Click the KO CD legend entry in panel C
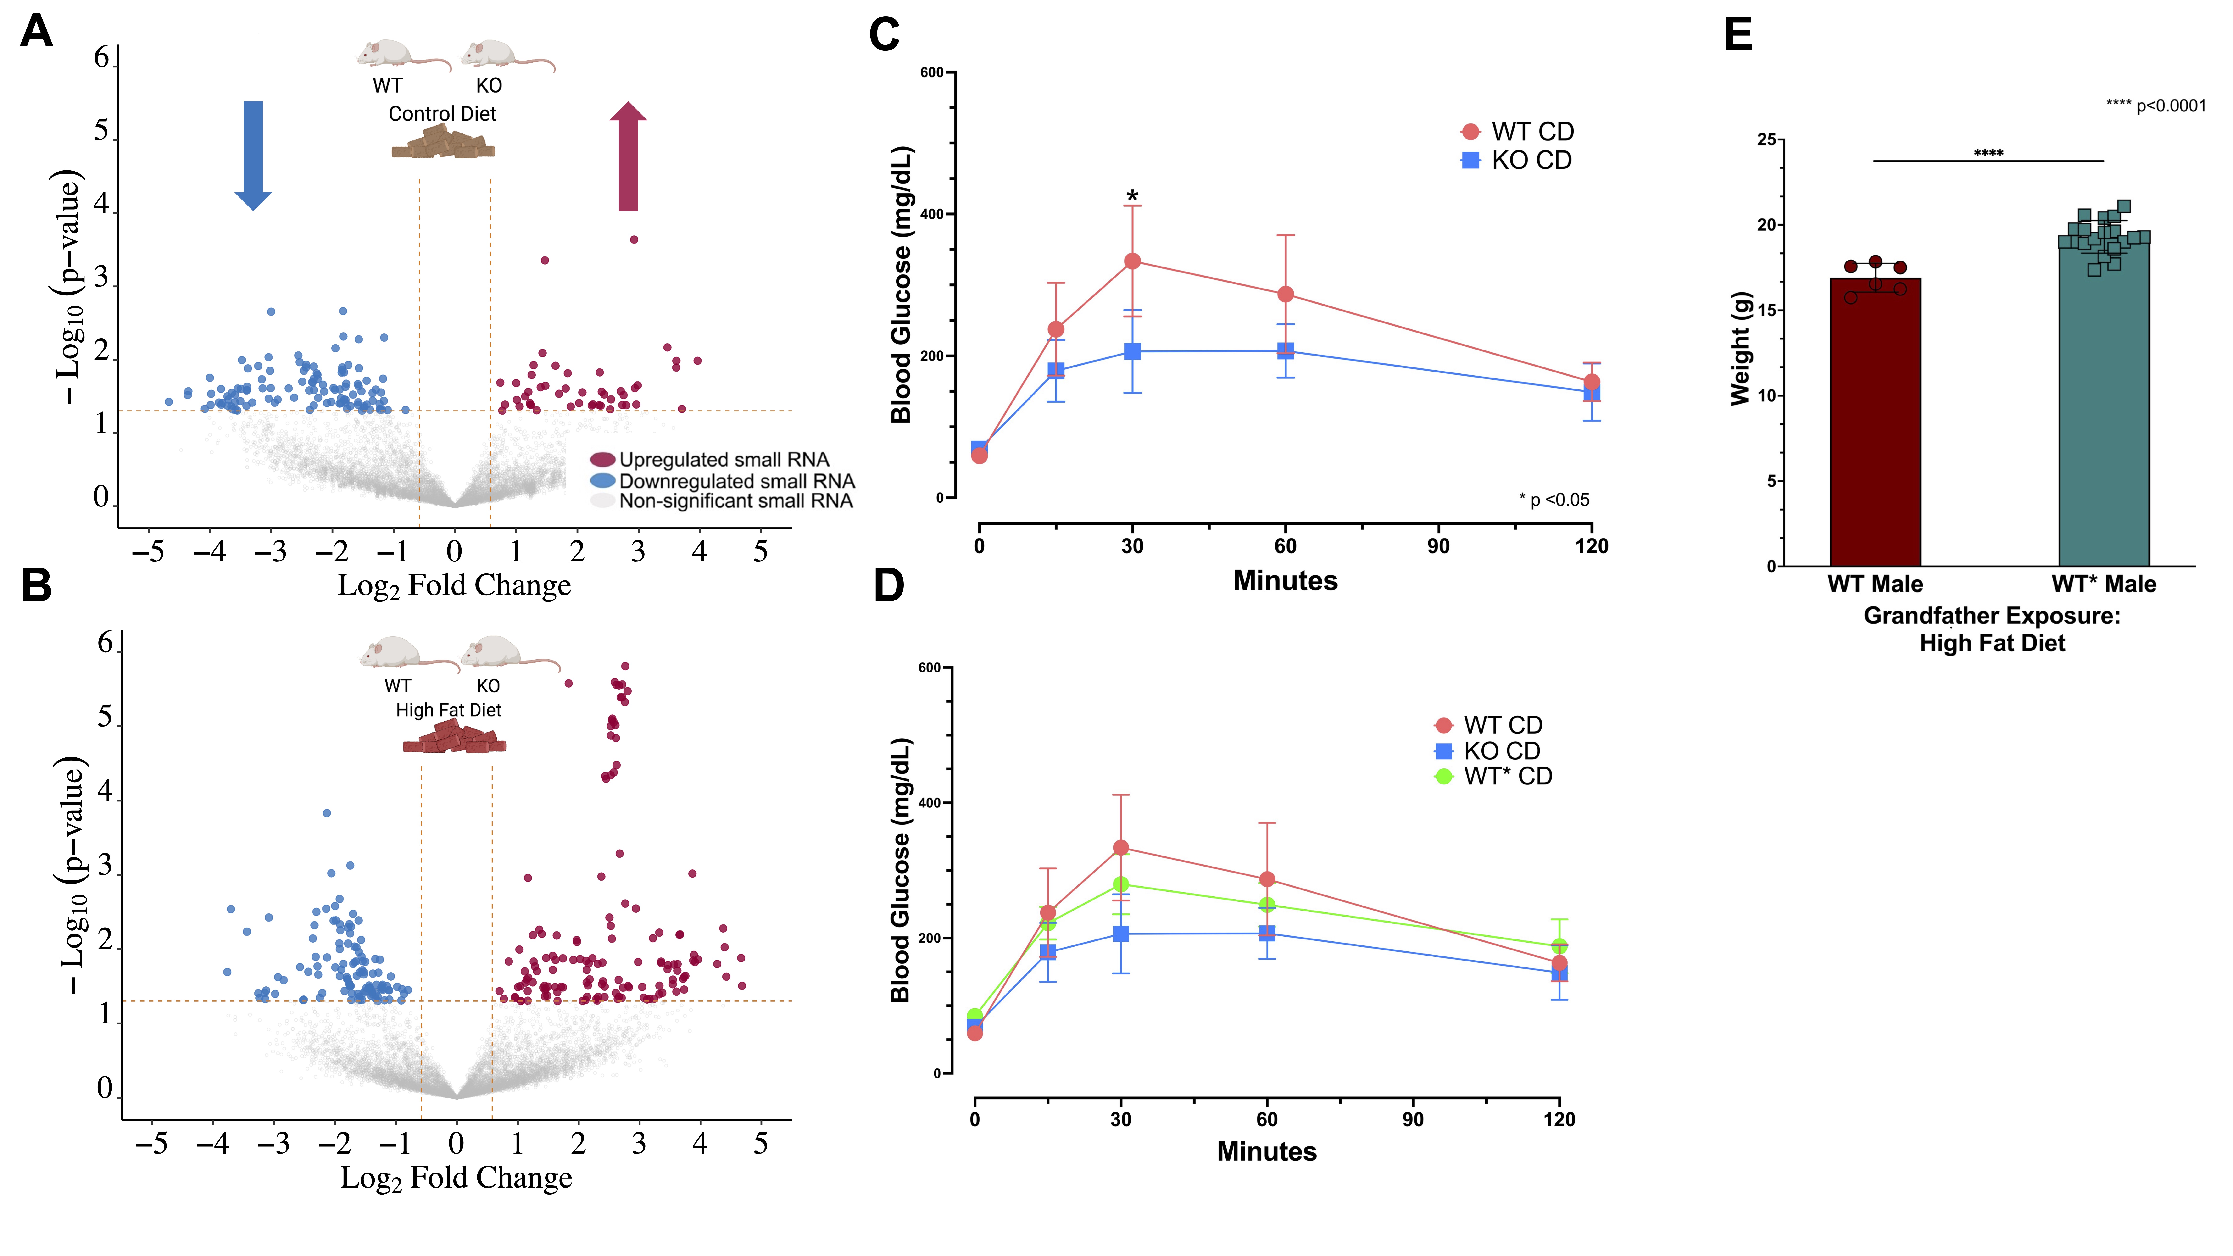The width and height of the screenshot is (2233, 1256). (x=1516, y=160)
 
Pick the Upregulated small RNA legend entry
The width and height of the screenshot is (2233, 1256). (x=709, y=459)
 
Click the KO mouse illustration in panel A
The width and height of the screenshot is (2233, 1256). (x=507, y=55)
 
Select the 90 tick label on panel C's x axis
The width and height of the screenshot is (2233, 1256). (x=1438, y=546)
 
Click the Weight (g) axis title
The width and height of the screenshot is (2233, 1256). (x=1741, y=349)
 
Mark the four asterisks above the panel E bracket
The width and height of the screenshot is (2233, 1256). (x=1988, y=153)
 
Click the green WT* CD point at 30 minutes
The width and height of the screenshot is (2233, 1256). (x=1121, y=884)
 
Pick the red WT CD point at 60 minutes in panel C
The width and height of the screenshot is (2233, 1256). (x=1286, y=295)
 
